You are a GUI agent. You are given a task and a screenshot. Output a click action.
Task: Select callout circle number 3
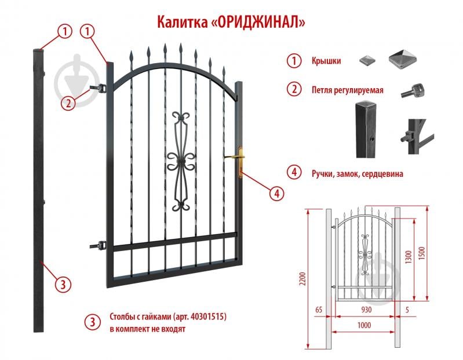coord(63,284)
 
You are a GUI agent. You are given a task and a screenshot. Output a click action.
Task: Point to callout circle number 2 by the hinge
coord(68,103)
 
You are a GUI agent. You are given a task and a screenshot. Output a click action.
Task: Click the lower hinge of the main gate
coord(100,246)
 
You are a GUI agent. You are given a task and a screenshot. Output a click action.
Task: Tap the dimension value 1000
coord(363,326)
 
